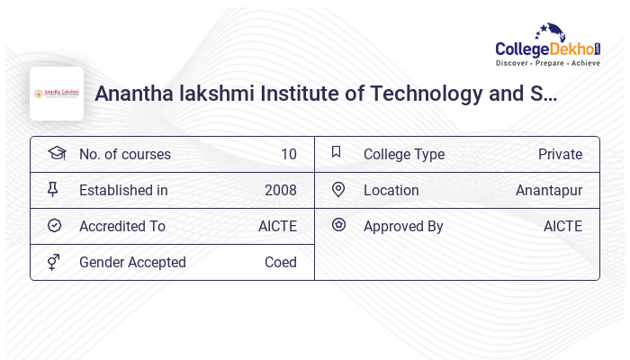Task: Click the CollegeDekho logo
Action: click(x=548, y=45)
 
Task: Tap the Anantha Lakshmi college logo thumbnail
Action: click(x=57, y=94)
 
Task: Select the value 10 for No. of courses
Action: click(x=288, y=154)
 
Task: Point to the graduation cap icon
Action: click(x=57, y=153)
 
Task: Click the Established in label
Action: click(x=123, y=190)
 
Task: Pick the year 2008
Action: click(x=280, y=190)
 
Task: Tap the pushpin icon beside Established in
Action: click(x=53, y=189)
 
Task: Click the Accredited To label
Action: click(x=122, y=226)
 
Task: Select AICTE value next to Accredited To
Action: click(x=277, y=226)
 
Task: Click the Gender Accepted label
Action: click(x=132, y=262)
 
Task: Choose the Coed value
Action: click(x=280, y=262)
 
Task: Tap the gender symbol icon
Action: click(x=54, y=262)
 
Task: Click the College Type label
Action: click(x=404, y=154)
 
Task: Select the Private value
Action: click(x=560, y=154)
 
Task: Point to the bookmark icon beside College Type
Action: click(x=337, y=152)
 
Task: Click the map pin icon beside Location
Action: click(x=338, y=189)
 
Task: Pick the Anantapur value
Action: click(x=549, y=190)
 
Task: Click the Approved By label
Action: click(x=403, y=226)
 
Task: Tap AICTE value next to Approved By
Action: click(x=562, y=226)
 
